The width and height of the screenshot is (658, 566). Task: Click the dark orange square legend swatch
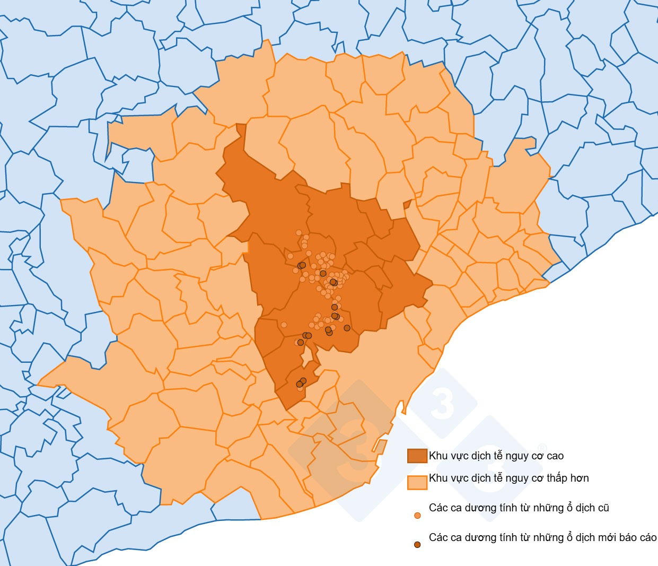coord(417,456)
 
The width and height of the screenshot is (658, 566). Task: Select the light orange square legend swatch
coord(417,482)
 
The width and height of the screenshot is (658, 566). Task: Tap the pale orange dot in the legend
coord(417,515)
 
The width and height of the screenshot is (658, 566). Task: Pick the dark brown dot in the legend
coord(417,545)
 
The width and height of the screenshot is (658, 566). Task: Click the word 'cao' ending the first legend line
coord(554,456)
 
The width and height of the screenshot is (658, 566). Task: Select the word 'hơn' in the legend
coord(580,478)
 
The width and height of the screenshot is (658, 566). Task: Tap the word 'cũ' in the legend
coord(603,508)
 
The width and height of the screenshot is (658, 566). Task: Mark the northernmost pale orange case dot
coord(299,232)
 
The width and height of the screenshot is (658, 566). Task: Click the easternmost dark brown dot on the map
coord(347,328)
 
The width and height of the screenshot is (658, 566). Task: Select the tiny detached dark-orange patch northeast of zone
coord(407,204)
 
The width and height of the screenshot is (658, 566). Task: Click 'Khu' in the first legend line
coord(438,456)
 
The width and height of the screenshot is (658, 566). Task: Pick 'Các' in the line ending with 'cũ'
coord(438,508)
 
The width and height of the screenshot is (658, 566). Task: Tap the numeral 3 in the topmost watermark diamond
coord(443,403)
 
